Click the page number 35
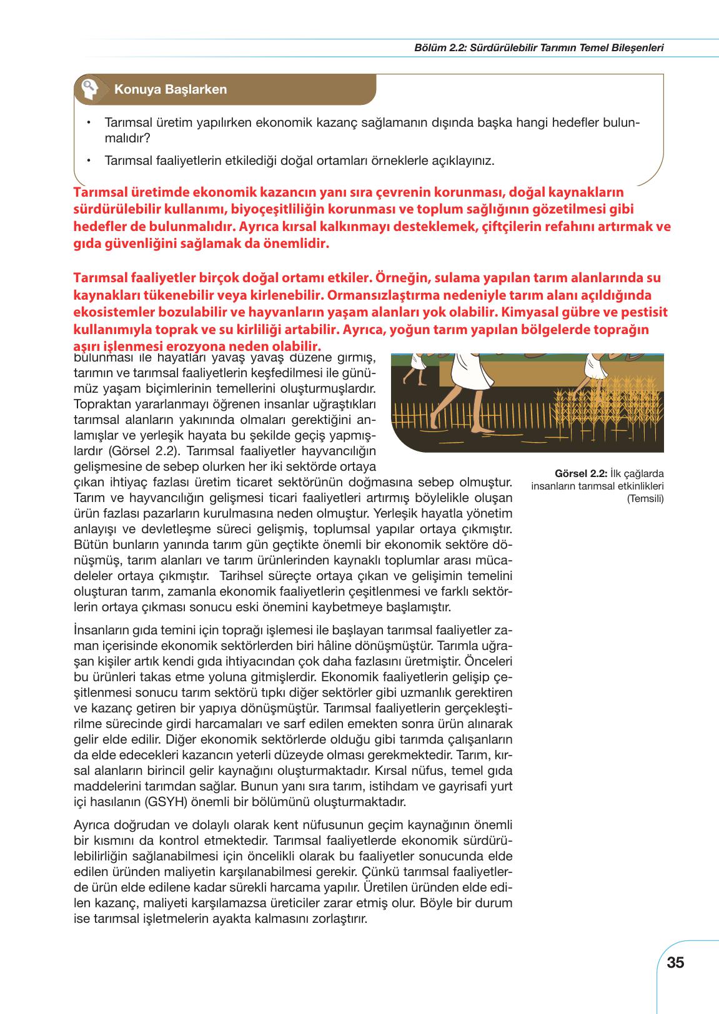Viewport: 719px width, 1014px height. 675,962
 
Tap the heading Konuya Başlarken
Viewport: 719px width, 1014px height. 170,89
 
